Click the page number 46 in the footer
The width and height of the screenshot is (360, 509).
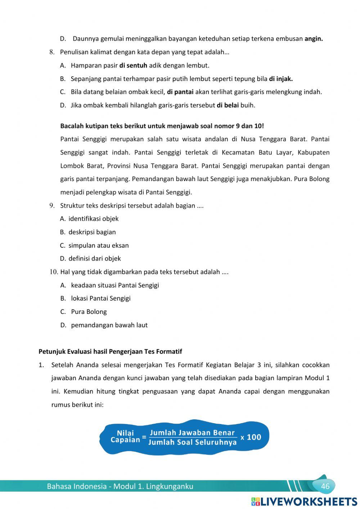point(325,486)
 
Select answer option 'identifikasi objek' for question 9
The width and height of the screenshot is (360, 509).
point(93,219)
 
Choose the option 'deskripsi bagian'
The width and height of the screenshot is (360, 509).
point(92,232)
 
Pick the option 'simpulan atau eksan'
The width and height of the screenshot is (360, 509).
point(98,246)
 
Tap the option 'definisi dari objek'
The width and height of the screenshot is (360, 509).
point(94,258)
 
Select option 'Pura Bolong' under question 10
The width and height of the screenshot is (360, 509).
point(89,312)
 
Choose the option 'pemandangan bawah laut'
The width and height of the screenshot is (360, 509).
point(109,325)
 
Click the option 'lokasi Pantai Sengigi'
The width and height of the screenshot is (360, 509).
point(100,298)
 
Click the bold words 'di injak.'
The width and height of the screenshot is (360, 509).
point(281,78)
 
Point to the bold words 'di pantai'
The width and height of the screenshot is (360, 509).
point(180,92)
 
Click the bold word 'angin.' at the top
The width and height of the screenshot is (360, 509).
point(314,39)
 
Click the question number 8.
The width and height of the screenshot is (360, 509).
point(52,52)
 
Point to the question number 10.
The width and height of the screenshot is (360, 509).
point(54,272)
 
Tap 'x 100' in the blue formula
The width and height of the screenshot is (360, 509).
point(251,437)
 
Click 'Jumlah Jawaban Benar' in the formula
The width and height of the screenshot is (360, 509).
point(192,433)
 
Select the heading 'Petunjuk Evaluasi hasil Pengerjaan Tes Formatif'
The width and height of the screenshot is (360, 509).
point(110,351)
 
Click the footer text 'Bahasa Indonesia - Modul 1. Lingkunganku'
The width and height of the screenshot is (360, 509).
point(120,486)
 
